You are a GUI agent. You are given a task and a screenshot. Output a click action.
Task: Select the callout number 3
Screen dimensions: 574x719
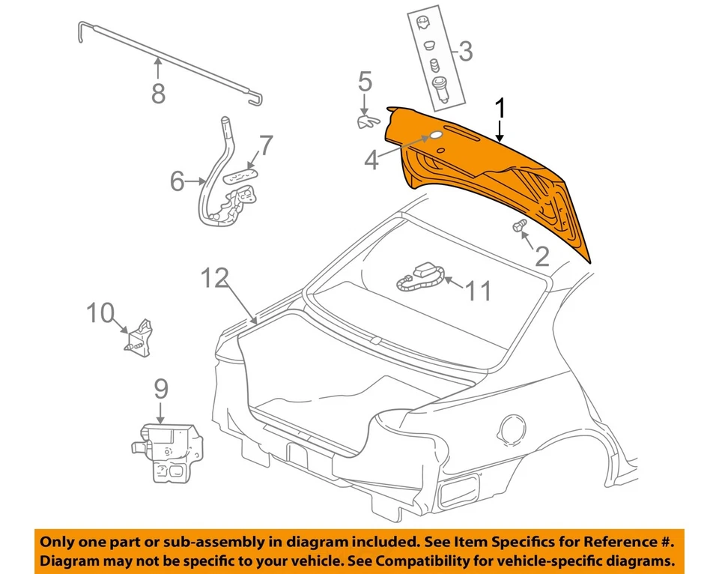tap(465, 52)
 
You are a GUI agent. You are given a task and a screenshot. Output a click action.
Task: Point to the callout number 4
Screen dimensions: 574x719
tap(371, 160)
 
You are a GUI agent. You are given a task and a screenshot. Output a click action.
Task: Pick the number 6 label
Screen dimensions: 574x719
tap(177, 181)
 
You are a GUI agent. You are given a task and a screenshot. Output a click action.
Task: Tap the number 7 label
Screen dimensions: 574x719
tap(266, 145)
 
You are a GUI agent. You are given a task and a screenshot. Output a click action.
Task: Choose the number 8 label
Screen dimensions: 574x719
tap(158, 93)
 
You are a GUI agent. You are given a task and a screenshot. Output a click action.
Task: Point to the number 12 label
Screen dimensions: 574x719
tap(215, 279)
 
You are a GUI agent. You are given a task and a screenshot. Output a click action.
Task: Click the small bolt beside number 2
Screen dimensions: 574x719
tap(518, 226)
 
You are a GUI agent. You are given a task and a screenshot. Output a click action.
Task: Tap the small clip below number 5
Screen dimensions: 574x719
tap(366, 119)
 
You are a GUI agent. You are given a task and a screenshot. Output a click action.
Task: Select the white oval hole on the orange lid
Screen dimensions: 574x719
tap(434, 137)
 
